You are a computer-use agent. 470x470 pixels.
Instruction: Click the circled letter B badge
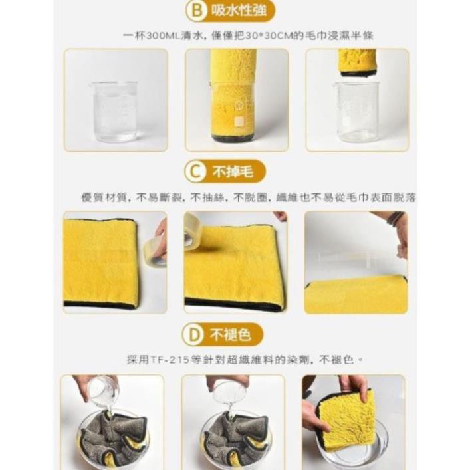click(x=194, y=11)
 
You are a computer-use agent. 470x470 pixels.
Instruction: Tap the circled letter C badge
click(x=194, y=172)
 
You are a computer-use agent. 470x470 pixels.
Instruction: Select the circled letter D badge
click(x=193, y=334)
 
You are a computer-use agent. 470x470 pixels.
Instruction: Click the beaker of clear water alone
click(x=115, y=111)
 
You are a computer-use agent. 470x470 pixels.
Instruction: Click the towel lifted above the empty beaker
click(x=358, y=62)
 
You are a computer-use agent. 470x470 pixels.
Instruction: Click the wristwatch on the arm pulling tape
click(x=395, y=219)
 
